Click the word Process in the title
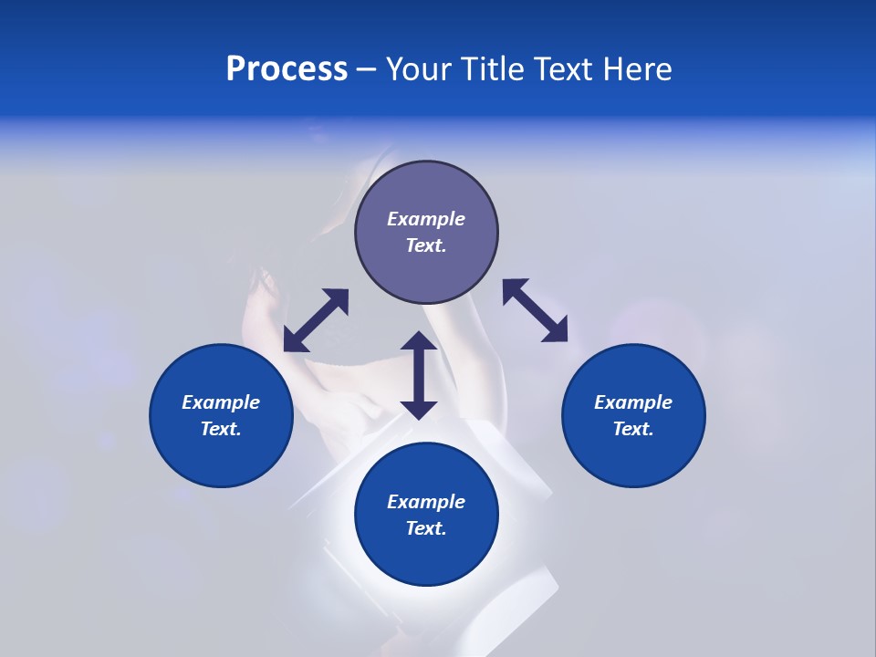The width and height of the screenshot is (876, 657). tap(287, 69)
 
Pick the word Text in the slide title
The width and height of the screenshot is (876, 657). tap(564, 69)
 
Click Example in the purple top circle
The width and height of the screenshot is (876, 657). tap(426, 219)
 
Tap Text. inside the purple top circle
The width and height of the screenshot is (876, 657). tap(426, 245)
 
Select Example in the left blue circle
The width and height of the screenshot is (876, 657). tap(221, 402)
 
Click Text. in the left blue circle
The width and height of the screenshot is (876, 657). tap(221, 429)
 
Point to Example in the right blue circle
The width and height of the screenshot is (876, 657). tap(633, 402)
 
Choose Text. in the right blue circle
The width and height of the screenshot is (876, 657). tap(633, 429)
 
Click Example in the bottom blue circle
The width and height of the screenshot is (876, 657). tap(426, 502)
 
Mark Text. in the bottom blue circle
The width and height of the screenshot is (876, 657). tap(426, 528)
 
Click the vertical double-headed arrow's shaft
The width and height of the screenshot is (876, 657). tap(419, 375)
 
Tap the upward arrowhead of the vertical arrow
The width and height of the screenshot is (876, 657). tap(419, 342)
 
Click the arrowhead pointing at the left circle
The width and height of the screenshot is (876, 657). tap(294, 341)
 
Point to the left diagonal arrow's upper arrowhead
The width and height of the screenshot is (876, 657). tap(338, 299)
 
